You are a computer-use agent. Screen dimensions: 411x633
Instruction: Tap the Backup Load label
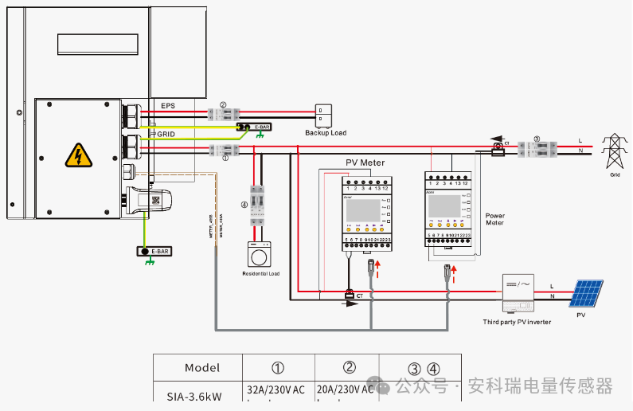[326, 133]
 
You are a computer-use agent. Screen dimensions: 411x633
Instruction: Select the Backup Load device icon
[325, 115]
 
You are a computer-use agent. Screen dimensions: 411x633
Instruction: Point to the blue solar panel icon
[585, 294]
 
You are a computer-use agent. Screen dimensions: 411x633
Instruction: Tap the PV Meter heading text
[365, 162]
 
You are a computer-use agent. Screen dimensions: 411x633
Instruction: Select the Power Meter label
[495, 219]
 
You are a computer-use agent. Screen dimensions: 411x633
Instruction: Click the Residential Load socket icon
[260, 256]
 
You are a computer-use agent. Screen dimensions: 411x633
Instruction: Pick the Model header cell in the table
[202, 368]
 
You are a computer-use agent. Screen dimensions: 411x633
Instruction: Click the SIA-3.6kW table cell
[194, 394]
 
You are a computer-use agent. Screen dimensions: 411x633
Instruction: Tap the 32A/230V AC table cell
[276, 390]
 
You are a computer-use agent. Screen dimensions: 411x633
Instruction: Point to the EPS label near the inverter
[167, 106]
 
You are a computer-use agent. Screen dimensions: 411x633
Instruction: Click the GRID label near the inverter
[166, 135]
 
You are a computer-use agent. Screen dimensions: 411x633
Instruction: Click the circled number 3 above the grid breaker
[537, 139]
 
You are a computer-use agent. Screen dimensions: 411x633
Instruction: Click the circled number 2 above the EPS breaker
[224, 104]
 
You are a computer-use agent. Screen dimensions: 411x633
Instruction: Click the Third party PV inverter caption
[517, 322]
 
